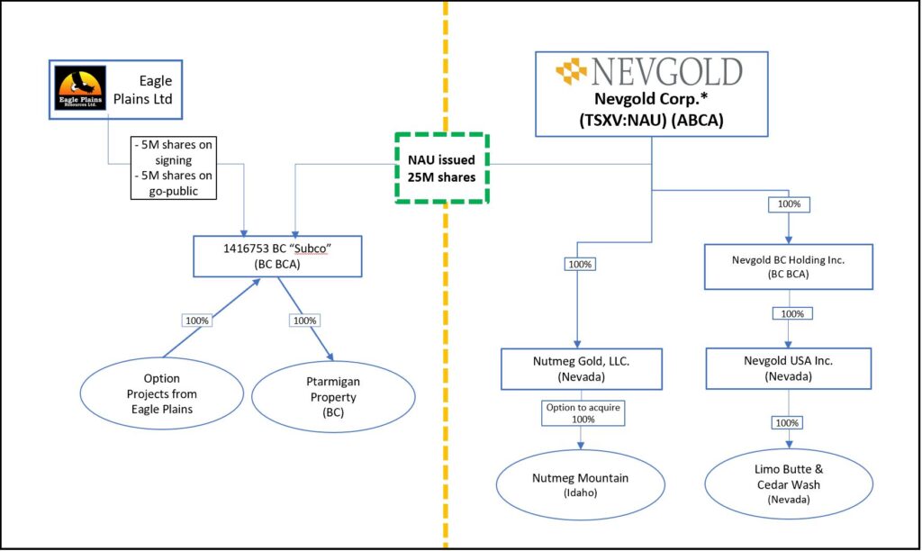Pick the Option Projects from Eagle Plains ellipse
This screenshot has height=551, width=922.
point(162,393)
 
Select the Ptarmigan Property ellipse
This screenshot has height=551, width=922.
point(334,397)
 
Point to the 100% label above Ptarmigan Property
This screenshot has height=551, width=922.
point(305,321)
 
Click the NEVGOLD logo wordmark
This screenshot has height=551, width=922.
point(666,71)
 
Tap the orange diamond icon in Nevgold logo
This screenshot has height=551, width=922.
point(570,71)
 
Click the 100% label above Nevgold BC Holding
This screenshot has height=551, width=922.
point(790,204)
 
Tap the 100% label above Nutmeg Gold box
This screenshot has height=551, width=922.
point(579,265)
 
